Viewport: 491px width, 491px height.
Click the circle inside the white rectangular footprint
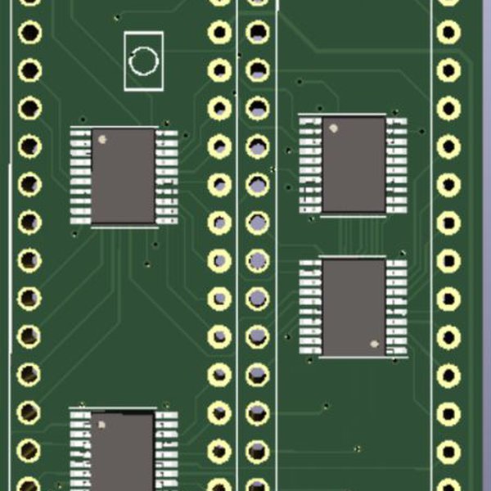point(144,61)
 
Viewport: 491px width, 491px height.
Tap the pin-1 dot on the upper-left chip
point(102,139)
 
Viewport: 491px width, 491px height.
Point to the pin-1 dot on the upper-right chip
point(334,128)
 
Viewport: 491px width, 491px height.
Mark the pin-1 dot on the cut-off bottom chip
point(102,426)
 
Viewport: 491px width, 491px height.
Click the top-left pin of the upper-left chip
point(80,132)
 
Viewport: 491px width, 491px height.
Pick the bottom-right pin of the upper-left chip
point(166,220)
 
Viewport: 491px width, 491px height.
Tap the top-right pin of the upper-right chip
point(397,122)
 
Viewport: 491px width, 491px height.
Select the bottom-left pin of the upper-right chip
point(310,209)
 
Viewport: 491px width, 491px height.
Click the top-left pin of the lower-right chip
point(309,264)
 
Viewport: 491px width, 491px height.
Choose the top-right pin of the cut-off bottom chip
point(166,415)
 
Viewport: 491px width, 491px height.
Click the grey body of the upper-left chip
point(123,176)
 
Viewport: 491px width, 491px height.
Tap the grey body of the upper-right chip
point(354,164)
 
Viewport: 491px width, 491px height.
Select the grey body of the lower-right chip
point(354,306)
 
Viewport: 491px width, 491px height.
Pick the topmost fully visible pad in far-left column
point(29,33)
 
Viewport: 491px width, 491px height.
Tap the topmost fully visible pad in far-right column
point(448,33)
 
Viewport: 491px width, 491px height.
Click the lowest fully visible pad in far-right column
point(448,451)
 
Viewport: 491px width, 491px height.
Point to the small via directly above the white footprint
point(118,16)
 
